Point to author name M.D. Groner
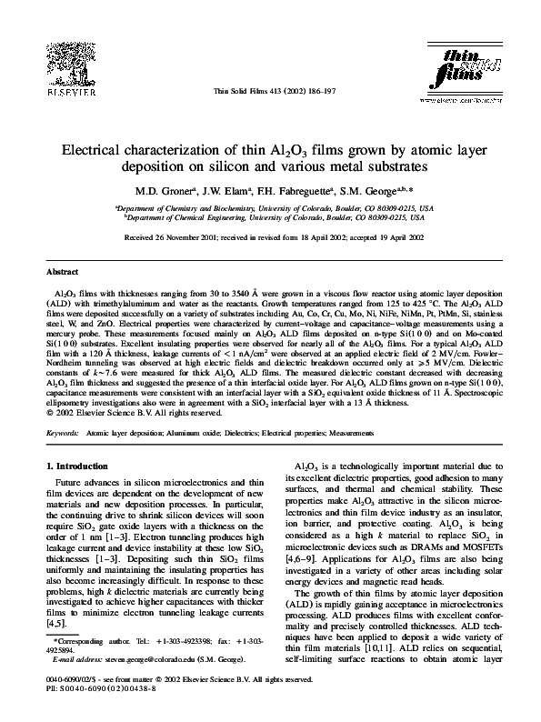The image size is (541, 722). (159, 193)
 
